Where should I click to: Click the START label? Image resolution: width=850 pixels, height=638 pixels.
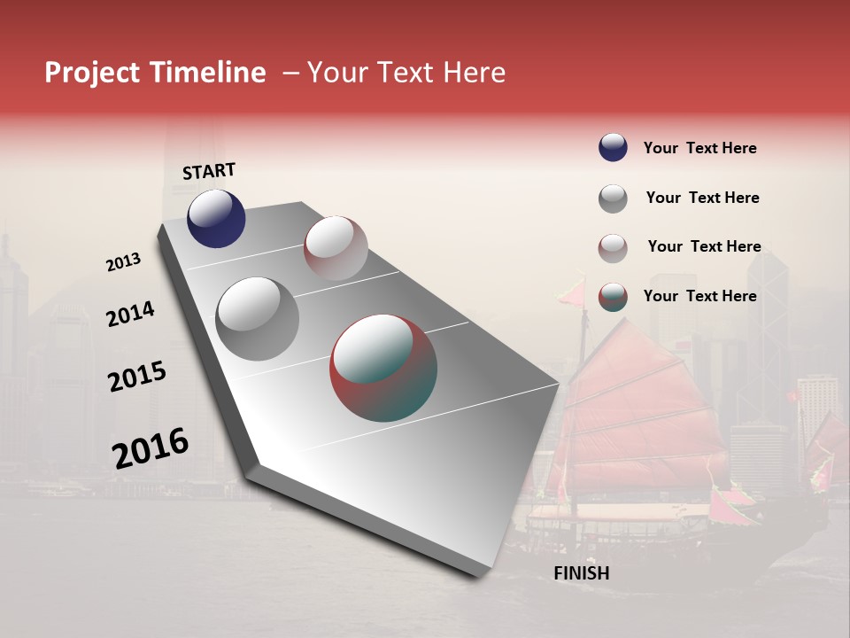coord(209,171)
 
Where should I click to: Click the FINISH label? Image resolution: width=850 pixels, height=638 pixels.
coord(581,573)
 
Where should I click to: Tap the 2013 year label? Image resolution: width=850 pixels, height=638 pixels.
coord(123,262)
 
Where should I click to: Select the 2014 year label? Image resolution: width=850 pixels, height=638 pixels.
coord(130,315)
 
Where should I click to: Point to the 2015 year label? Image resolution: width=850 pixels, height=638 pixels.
coord(137,377)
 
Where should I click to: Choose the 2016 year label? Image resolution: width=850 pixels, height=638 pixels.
coord(151,447)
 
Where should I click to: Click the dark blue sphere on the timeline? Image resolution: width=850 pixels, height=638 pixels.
coord(216,219)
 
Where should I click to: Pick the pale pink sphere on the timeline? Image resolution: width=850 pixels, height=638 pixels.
coord(336,248)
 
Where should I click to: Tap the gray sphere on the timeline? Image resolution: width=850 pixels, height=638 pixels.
coord(258,319)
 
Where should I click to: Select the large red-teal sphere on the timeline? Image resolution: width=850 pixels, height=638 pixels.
coord(383,368)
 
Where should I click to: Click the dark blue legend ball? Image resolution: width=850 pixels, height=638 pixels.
coord(613,148)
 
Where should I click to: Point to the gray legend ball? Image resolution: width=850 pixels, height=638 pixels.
coord(613,198)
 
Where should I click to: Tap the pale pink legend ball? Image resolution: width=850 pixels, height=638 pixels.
coord(613,248)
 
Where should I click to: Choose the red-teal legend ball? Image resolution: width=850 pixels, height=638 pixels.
coord(613,297)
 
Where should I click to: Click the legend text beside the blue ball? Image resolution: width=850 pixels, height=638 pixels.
coord(699,148)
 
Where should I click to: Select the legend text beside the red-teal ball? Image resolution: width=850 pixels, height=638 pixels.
coord(699,296)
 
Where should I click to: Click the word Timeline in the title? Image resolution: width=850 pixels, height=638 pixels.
coord(209,73)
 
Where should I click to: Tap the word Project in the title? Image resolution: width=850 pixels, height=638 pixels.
coord(91,73)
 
